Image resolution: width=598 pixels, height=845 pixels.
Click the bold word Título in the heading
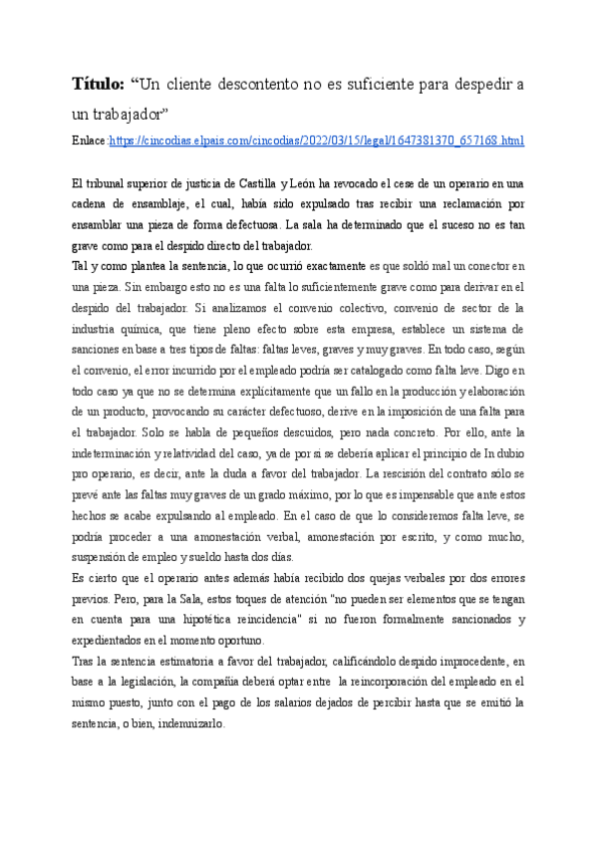pos(98,82)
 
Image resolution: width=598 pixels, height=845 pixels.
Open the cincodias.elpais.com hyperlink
pos(317,141)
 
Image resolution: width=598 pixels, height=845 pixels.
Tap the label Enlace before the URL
pos(89,141)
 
